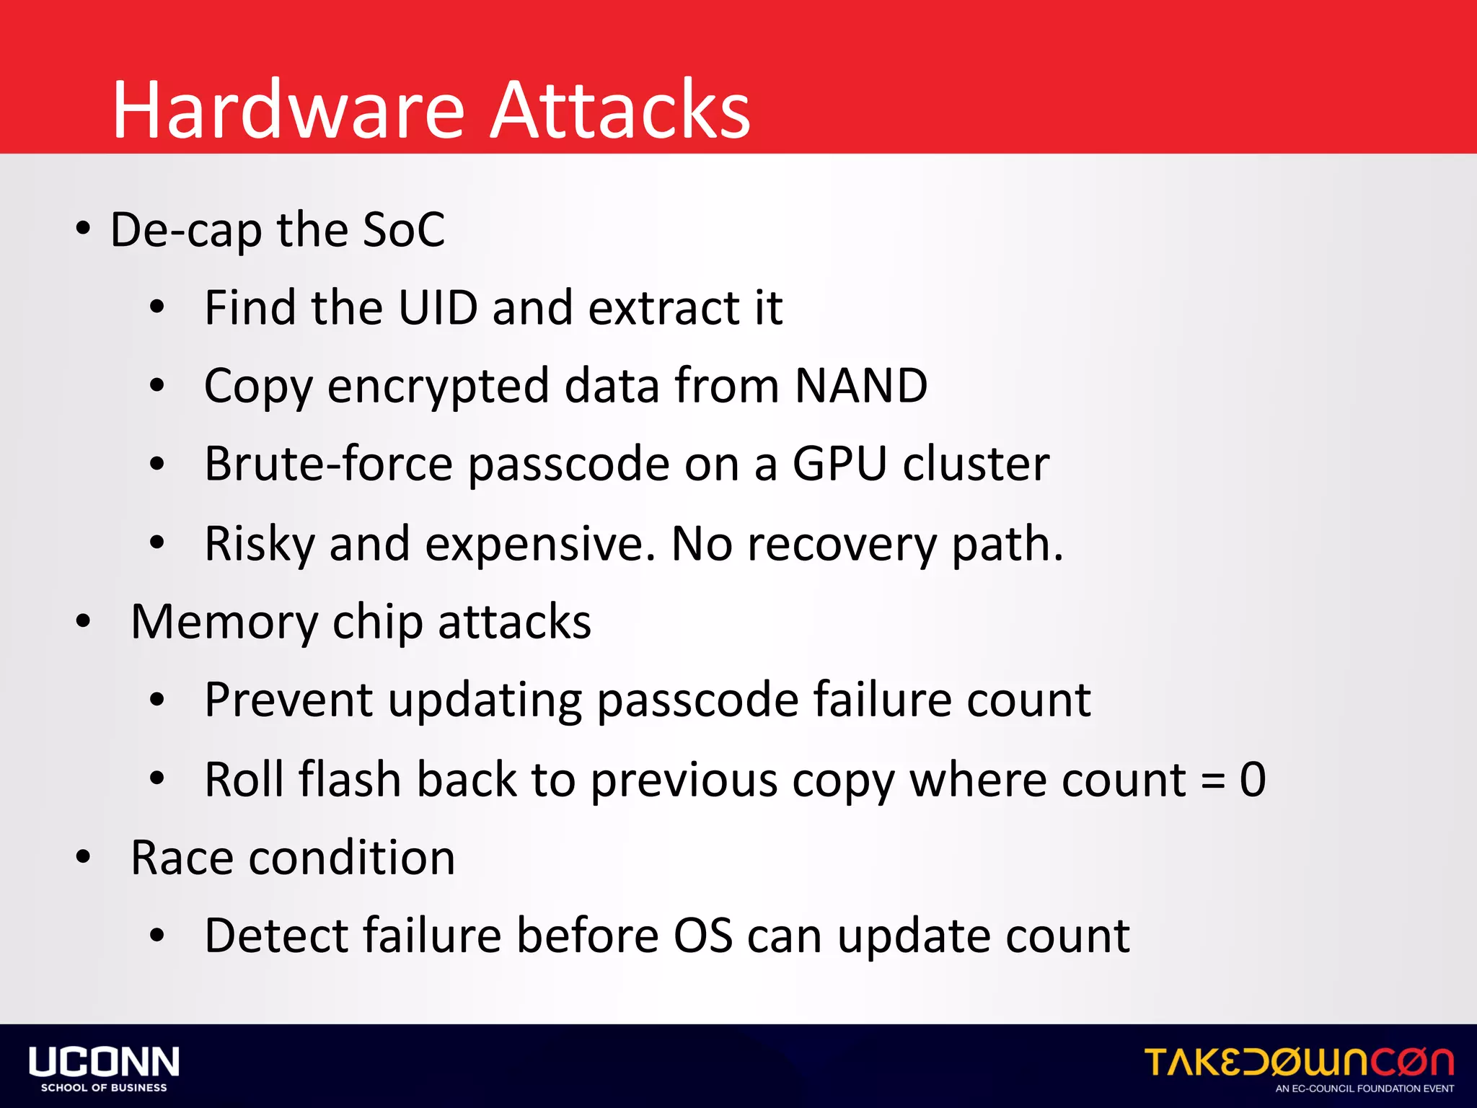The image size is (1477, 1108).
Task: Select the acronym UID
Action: pos(438,308)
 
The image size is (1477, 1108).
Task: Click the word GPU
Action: pos(839,464)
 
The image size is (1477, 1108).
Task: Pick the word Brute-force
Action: pos(328,464)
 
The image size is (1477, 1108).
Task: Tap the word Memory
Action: pos(224,622)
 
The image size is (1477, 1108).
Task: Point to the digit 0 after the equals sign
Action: pos(1253,780)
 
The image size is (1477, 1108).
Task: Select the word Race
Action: pos(182,858)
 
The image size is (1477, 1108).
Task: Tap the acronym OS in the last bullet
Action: pos(703,936)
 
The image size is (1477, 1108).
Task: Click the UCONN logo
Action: pos(104,1068)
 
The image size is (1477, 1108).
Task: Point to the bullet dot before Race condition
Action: pos(84,857)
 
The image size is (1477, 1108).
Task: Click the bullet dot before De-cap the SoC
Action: pos(84,229)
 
